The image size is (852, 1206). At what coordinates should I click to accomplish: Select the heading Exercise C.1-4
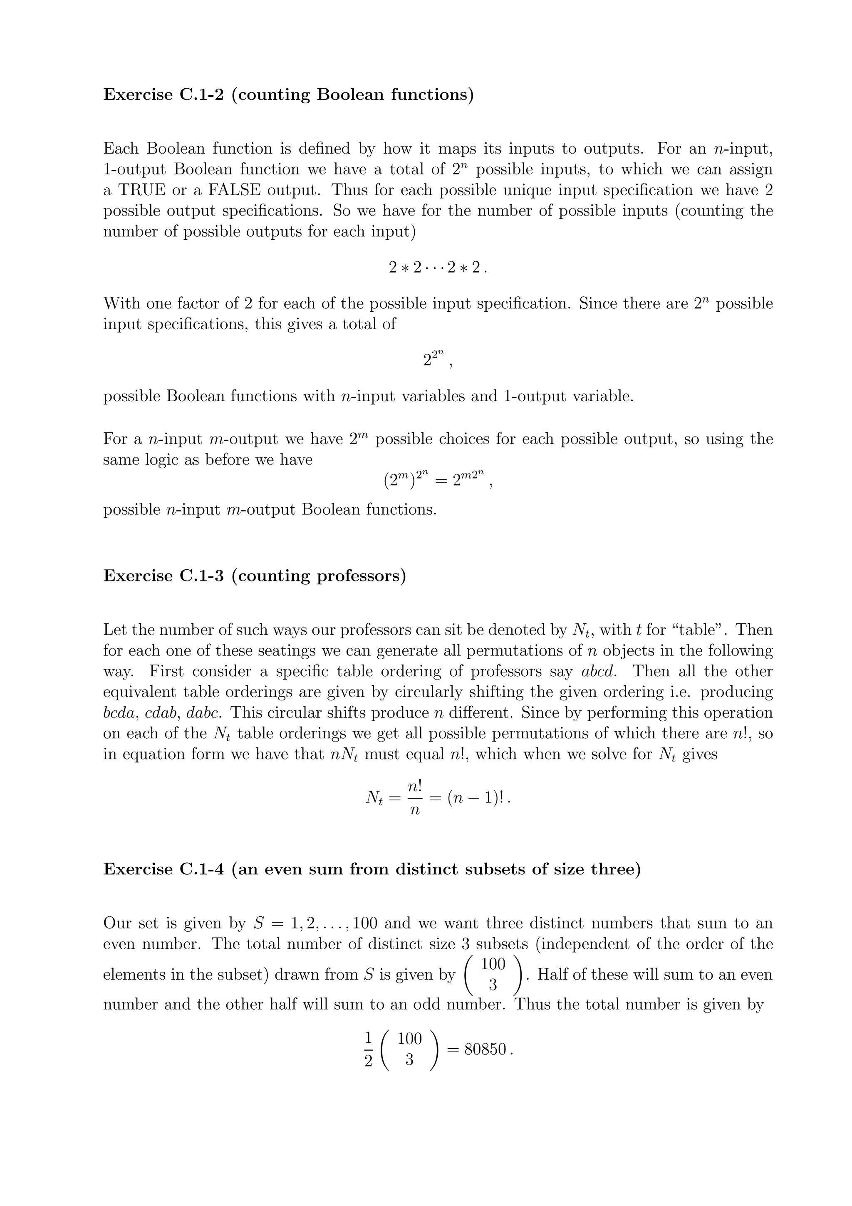[x=372, y=869]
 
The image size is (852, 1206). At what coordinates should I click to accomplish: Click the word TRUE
[x=142, y=190]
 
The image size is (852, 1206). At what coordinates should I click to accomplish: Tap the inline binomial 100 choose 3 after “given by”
[x=493, y=974]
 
